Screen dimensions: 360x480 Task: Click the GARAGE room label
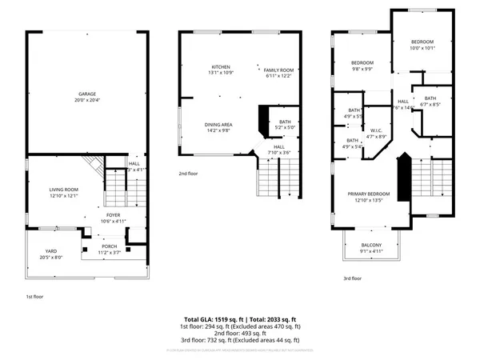tap(86, 93)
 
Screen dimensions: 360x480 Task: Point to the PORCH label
tap(110, 246)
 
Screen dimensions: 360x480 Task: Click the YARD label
tap(50, 251)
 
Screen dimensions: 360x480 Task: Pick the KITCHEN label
tap(221, 66)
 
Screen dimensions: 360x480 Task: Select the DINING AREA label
tap(218, 124)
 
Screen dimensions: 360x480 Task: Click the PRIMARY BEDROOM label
tap(368, 194)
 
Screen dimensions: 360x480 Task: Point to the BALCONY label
tap(371, 245)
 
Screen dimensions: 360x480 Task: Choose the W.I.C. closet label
tap(376, 130)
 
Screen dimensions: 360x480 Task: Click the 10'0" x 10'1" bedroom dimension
tap(422, 47)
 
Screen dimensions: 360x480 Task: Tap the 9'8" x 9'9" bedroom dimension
tap(362, 68)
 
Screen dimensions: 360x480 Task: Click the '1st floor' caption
tap(34, 295)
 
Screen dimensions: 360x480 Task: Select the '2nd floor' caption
tap(189, 172)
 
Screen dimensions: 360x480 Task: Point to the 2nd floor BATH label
tap(285, 122)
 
